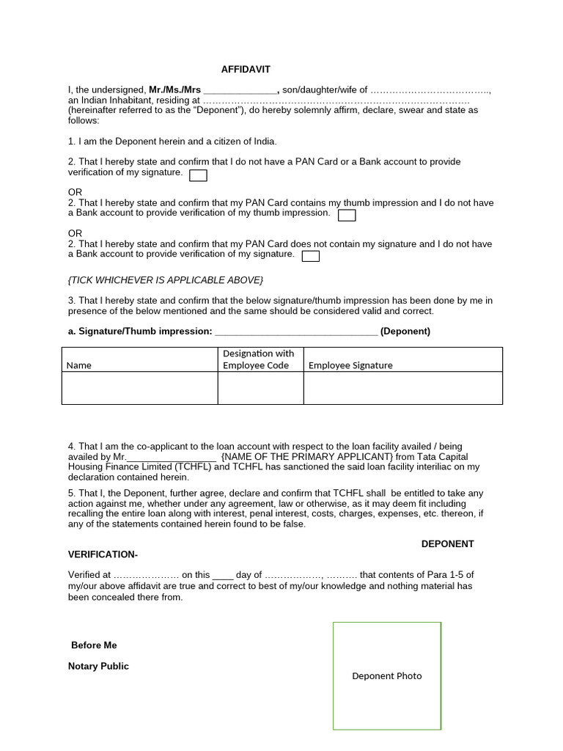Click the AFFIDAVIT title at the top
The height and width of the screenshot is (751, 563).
point(246,69)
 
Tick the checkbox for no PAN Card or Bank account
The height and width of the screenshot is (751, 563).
point(198,175)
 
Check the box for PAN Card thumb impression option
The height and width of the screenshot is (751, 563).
point(347,215)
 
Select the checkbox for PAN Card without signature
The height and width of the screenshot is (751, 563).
point(311,256)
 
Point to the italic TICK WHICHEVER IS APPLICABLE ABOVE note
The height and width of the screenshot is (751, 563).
point(165,280)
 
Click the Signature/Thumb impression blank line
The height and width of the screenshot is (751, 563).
point(295,331)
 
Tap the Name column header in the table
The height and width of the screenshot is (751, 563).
point(79,365)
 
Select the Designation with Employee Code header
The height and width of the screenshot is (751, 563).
point(258,359)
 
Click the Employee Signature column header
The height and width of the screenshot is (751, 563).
point(350,365)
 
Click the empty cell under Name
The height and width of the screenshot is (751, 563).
point(139,388)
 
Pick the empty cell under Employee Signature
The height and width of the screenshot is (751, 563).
point(402,388)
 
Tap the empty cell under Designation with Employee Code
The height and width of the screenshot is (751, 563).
point(260,388)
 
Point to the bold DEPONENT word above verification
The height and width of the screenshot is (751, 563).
point(447,543)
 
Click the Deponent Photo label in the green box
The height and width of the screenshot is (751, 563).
point(387,676)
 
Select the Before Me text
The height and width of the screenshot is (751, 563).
point(94,645)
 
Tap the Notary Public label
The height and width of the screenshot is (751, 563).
point(98,666)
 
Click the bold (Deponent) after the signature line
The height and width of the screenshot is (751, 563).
point(405,331)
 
